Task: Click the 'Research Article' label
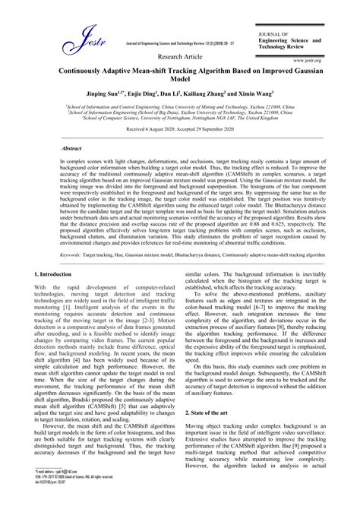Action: tap(180, 57)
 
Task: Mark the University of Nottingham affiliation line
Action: tap(180, 118)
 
